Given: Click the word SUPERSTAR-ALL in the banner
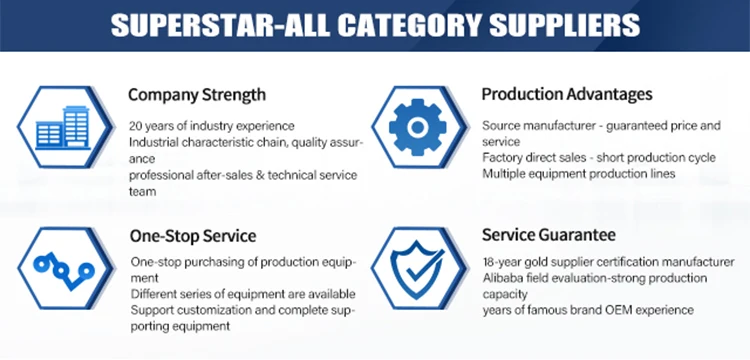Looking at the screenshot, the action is pos(220,25).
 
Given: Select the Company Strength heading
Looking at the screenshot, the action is pos(197,95).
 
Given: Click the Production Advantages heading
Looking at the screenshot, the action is pos(567,94).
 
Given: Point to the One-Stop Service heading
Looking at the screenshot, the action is pos(193,236).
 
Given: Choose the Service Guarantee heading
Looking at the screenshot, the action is pos(549,235).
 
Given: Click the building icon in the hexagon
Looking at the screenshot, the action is pos(63,128).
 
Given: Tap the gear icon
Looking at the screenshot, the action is pos(418,127).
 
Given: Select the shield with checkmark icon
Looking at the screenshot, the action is pos(417,268).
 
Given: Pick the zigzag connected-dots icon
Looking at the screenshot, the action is pos(64,271).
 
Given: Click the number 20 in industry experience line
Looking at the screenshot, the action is pos(135,126).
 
